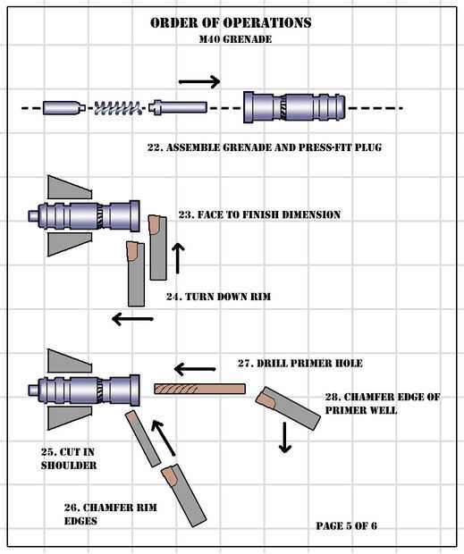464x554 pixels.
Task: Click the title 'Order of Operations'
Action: coord(231,23)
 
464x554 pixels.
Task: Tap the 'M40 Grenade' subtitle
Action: coord(235,39)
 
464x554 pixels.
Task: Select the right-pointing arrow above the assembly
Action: coord(199,81)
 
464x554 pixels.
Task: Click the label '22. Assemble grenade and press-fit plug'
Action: coord(265,147)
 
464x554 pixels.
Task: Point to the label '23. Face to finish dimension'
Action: coord(259,214)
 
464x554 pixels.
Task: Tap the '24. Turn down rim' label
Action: coord(219,297)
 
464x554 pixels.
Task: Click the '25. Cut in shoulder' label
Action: coord(69,458)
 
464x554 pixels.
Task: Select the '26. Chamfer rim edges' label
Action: coord(110,514)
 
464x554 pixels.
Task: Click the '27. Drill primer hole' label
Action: coord(300,363)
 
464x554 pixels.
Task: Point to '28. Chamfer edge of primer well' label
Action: coord(383,404)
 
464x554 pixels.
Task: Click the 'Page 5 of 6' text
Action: coord(346,525)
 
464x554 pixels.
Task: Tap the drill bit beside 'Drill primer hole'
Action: coord(200,389)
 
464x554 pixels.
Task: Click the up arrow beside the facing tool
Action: coord(178,258)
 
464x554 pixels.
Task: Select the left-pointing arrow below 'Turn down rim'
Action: coord(132,319)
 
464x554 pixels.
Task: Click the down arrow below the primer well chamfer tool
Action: coord(285,437)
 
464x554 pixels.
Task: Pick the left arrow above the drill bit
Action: coord(195,370)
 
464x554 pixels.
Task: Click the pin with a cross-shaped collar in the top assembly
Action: coord(178,107)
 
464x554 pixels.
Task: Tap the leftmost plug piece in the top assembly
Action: coord(64,108)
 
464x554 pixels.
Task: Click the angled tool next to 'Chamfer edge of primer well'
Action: coord(288,407)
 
